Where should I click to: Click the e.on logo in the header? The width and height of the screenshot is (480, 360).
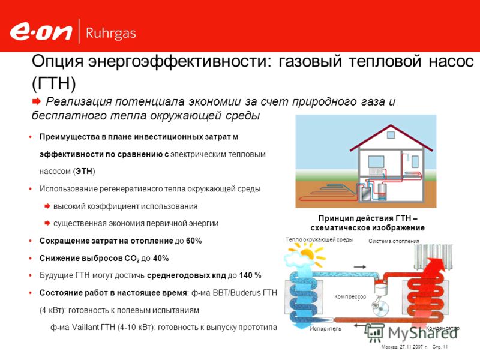(x=41, y=32)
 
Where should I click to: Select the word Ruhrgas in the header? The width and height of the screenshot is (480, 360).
(x=111, y=34)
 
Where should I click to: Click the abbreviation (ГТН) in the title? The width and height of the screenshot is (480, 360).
(x=54, y=83)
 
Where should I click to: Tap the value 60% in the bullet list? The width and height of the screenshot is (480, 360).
(x=194, y=241)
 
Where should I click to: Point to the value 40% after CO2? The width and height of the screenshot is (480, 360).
(x=161, y=259)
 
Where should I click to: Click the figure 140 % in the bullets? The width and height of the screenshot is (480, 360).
(x=250, y=275)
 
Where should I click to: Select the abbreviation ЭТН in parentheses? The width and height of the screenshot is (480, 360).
(x=84, y=171)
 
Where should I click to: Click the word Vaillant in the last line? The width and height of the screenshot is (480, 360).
(x=85, y=327)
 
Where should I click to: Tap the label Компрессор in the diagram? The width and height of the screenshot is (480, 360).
(x=350, y=296)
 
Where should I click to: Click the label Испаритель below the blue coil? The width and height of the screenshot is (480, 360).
(x=325, y=329)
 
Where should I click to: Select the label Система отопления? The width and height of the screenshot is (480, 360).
(x=394, y=241)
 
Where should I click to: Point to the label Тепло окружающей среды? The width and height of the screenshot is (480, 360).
(x=319, y=239)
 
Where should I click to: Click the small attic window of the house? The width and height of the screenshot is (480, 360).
(x=391, y=135)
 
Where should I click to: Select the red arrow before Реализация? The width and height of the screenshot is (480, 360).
(x=37, y=101)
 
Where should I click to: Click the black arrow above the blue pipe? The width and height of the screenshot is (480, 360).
(x=359, y=267)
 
